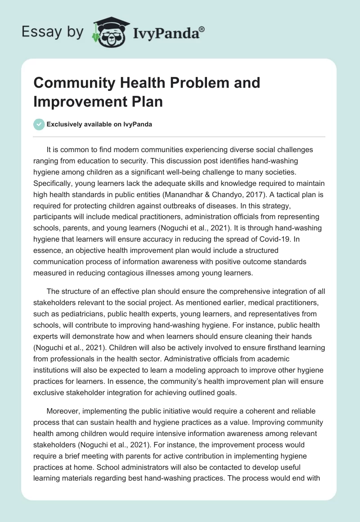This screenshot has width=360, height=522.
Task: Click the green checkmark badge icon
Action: [39, 124]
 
